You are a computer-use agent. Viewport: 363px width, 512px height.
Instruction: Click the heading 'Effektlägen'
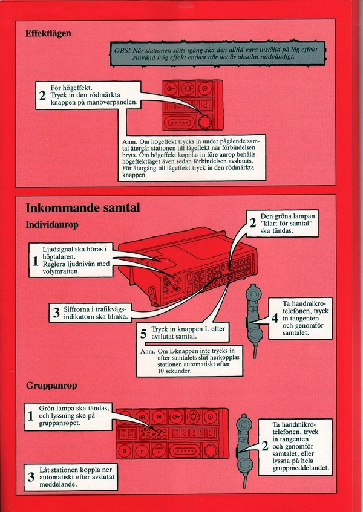[x=48, y=33]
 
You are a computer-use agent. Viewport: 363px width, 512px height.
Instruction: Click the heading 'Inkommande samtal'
[x=82, y=208]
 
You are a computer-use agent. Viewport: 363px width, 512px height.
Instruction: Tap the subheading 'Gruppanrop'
[x=51, y=385]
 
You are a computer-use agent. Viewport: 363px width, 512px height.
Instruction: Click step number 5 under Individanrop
[x=143, y=333]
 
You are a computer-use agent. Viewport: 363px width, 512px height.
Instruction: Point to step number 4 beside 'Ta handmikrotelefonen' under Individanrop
[x=275, y=318]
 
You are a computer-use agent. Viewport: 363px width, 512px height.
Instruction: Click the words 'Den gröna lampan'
[x=285, y=216]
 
